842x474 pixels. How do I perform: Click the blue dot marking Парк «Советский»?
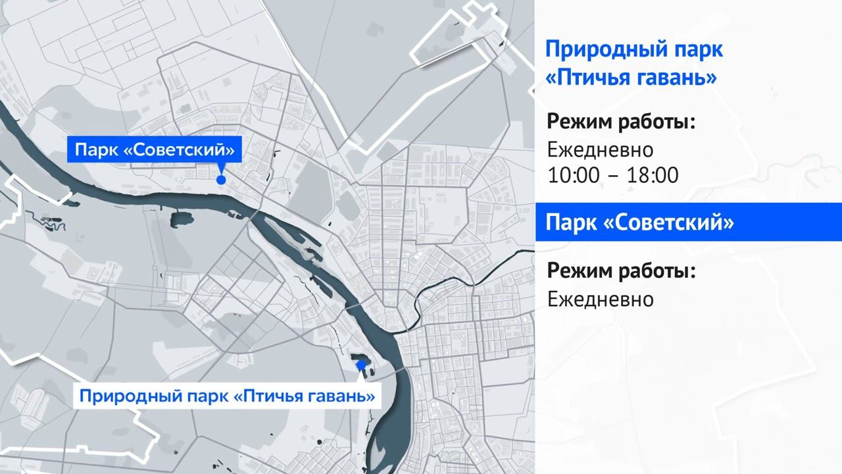222,179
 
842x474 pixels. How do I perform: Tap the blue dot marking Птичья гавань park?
360,364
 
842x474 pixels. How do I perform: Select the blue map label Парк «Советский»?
155,149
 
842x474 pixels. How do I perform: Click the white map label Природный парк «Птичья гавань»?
227,396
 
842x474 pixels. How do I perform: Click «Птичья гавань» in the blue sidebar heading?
631,78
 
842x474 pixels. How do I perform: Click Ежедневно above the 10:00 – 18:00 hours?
601,150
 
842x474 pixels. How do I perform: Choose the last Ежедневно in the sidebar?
601,300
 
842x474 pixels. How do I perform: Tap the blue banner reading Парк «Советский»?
688,223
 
